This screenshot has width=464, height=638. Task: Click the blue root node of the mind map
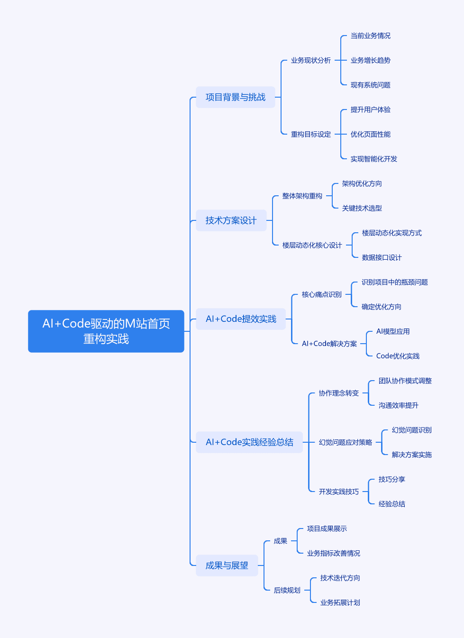[x=106, y=331]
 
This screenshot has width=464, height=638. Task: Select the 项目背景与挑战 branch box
[x=235, y=97]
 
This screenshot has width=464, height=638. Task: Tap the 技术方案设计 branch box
[x=231, y=220]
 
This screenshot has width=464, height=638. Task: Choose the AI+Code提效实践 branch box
[x=241, y=319]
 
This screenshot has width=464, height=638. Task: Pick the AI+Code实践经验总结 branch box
[x=249, y=442]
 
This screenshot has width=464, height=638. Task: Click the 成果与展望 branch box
[x=227, y=565]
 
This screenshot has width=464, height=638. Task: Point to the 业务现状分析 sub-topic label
[x=311, y=60]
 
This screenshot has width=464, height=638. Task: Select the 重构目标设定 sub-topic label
[x=311, y=134]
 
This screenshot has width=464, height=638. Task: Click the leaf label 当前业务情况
[x=370, y=36]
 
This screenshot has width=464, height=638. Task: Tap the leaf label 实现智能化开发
[x=373, y=159]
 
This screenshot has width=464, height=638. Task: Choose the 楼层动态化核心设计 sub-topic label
[x=312, y=245]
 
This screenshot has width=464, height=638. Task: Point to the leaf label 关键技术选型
[x=362, y=208]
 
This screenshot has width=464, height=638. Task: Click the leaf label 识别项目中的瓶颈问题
[x=394, y=282]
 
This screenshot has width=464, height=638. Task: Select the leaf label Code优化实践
[x=398, y=356]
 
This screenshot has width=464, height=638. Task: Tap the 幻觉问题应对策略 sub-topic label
[x=345, y=442]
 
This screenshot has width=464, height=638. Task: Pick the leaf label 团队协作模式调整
[x=405, y=381]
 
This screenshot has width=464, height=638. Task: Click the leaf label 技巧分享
[x=391, y=479]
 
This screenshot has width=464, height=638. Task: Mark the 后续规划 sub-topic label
[x=287, y=590]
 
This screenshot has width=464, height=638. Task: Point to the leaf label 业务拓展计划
[x=340, y=602]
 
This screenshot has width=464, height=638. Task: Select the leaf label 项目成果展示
[x=327, y=529]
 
